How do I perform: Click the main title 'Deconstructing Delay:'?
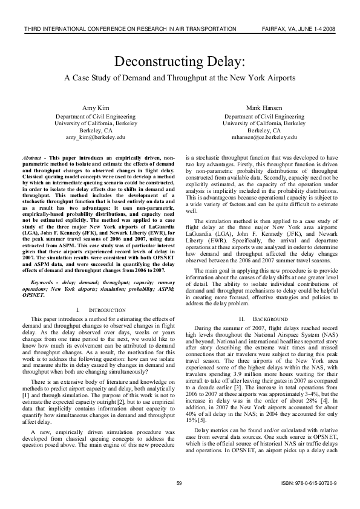180,62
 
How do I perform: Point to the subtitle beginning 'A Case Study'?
180,78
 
